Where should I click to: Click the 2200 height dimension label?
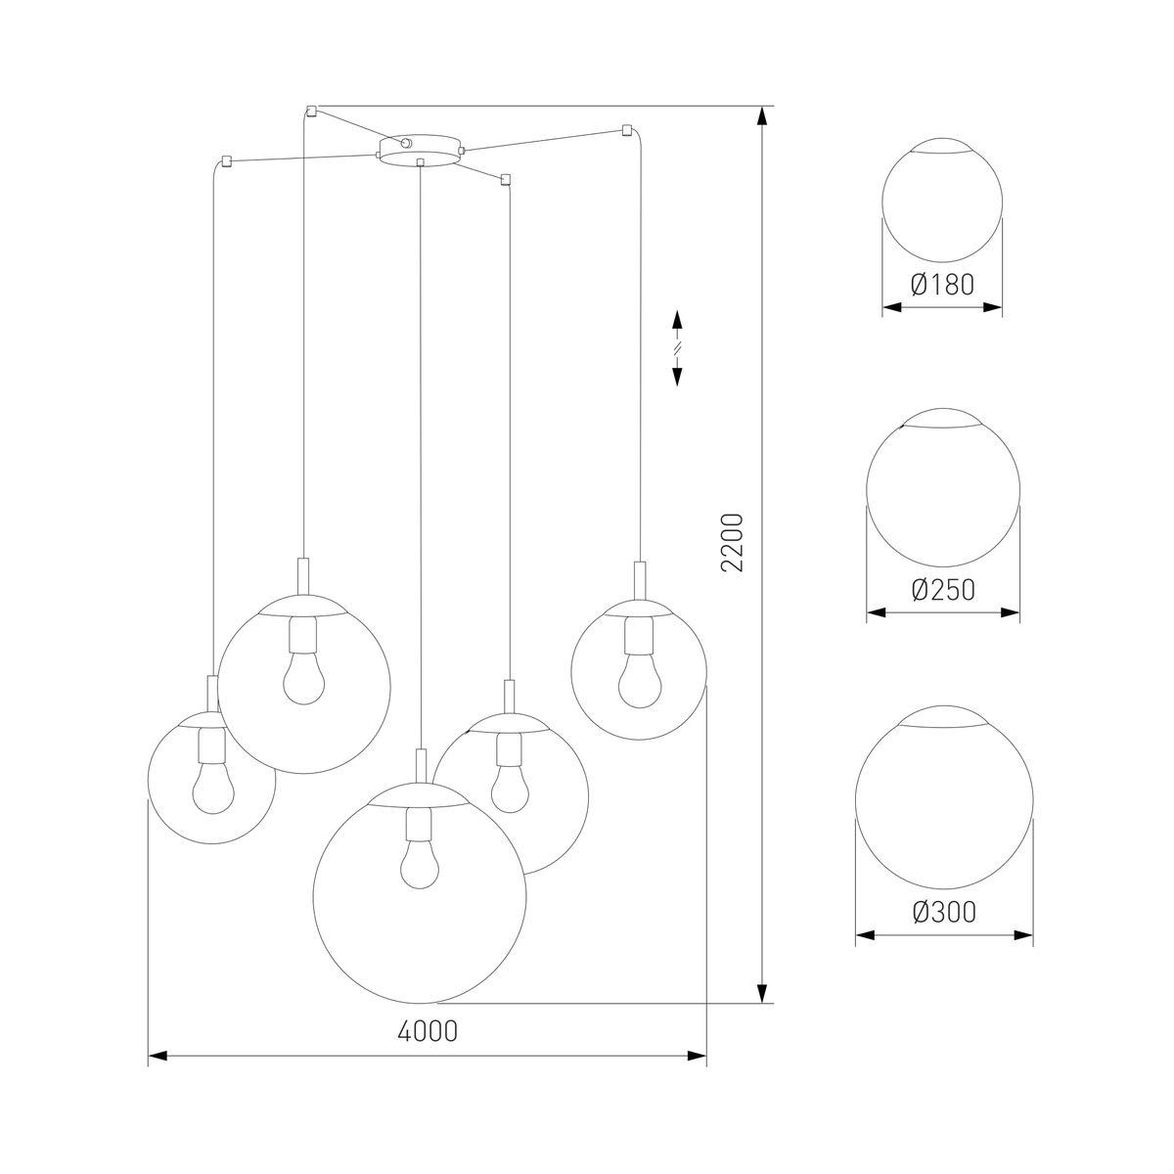pyautogui.click(x=733, y=543)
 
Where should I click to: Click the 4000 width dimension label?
pyautogui.click(x=428, y=1031)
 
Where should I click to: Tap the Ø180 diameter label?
pyautogui.click(x=942, y=285)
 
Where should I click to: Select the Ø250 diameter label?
pyautogui.click(x=943, y=590)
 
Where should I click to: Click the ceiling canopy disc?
pyautogui.click(x=418, y=151)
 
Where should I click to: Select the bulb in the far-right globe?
pyautogui.click(x=639, y=682)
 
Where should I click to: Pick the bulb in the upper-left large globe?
pyautogui.click(x=304, y=678)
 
